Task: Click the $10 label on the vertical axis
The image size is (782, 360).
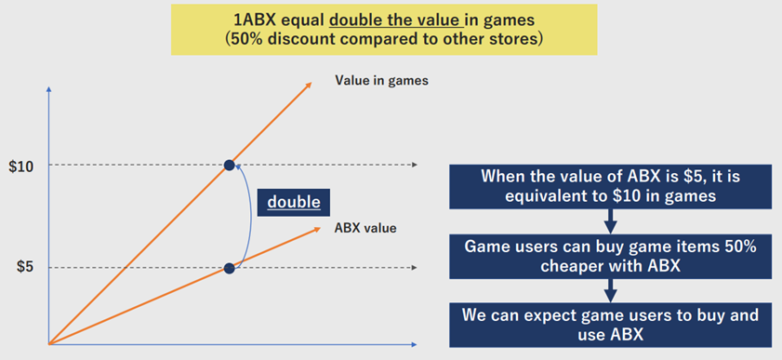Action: point(21,167)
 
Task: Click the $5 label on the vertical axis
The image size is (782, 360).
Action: point(25,267)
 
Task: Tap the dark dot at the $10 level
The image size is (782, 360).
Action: point(229,165)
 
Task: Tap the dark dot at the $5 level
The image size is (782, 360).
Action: point(229,268)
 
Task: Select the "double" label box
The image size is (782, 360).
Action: point(293,203)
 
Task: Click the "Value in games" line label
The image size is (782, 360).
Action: point(381,81)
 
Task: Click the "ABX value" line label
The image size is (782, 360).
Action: point(365,229)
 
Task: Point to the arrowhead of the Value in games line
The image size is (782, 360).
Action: point(309,85)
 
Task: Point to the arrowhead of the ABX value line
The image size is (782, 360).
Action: point(317,230)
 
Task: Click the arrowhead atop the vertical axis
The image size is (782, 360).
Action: point(49,89)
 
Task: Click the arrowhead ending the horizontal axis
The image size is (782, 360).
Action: point(414,344)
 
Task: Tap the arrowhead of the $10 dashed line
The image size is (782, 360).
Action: point(414,165)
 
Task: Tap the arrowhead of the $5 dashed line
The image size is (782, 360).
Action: point(414,268)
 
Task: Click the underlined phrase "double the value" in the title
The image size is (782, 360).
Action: point(396,21)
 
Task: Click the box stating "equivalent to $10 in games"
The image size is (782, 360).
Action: point(610,187)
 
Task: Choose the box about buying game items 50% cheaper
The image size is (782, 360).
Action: point(610,257)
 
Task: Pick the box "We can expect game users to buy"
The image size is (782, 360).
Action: point(610,325)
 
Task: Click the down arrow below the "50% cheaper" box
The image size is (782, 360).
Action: point(610,290)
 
